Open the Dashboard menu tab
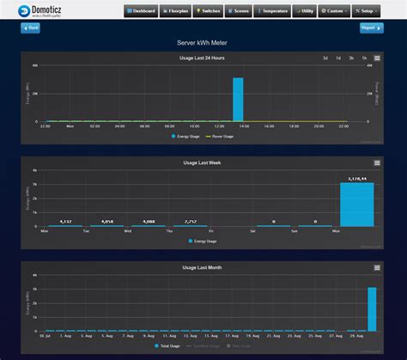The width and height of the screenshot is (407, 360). (140, 11)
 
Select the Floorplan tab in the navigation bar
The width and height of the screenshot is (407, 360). (177, 11)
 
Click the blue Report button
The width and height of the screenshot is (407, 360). (371, 27)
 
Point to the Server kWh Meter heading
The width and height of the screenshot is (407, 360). (203, 41)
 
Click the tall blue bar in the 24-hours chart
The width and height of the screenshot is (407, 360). (238, 99)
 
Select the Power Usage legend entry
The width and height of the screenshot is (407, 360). (224, 135)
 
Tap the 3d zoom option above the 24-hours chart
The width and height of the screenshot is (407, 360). (325, 58)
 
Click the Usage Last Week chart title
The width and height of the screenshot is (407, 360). (203, 162)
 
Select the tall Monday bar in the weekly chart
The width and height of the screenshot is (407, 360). (357, 204)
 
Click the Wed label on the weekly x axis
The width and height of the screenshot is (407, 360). (128, 231)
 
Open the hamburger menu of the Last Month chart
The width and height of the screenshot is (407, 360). (376, 267)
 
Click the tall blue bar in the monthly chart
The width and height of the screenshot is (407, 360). (372, 308)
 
